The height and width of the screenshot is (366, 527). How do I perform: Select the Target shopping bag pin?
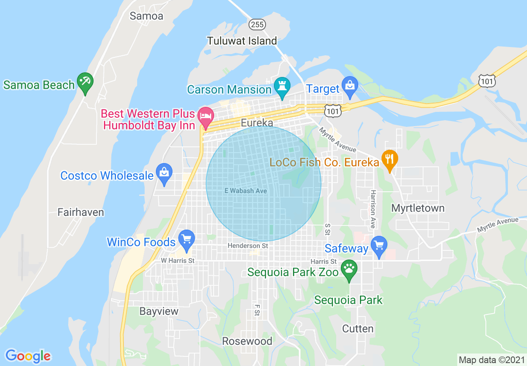(x=350, y=86)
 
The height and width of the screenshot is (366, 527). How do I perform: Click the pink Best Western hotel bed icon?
(x=205, y=115)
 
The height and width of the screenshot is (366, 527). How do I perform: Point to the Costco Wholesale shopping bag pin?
(x=164, y=173)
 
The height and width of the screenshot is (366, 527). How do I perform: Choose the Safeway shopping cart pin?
(x=379, y=245)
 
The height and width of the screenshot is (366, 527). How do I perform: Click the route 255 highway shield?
(x=257, y=25)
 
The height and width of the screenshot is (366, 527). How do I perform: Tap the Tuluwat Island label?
(x=242, y=41)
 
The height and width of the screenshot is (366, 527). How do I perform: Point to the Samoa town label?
(x=146, y=16)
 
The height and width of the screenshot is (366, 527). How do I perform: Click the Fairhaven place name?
(x=81, y=212)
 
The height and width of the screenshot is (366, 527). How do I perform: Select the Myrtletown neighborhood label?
(x=418, y=208)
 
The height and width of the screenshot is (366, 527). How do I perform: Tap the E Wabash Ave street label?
(x=246, y=191)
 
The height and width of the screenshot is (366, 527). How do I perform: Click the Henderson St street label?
(x=248, y=246)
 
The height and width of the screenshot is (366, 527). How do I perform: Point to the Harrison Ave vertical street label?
(x=373, y=209)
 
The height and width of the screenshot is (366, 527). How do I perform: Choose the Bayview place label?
(x=159, y=311)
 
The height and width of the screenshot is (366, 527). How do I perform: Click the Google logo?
(x=28, y=356)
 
